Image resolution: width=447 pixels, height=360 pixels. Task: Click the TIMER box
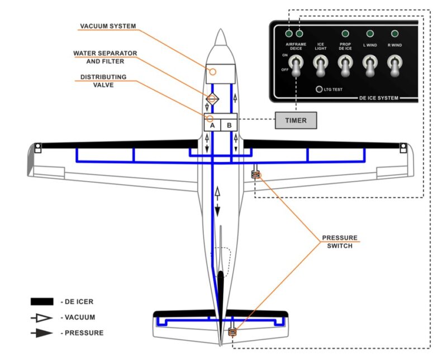click(x=296, y=120)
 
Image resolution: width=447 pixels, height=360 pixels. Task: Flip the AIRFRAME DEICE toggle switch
click(x=294, y=66)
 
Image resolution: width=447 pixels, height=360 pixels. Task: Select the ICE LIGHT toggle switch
click(x=320, y=66)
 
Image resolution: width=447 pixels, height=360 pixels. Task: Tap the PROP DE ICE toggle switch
click(x=345, y=66)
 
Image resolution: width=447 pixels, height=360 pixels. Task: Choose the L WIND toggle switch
click(x=370, y=66)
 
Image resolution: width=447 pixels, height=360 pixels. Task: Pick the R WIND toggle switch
click(x=395, y=66)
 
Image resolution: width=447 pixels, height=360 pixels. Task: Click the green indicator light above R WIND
click(x=395, y=34)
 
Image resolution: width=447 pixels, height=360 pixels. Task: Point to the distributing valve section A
click(x=212, y=125)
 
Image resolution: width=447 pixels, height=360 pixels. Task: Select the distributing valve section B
click(x=229, y=125)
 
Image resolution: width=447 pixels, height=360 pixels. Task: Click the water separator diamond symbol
click(x=212, y=99)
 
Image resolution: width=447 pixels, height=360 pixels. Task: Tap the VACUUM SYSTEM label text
click(x=108, y=26)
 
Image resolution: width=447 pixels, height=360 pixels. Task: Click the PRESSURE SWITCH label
click(x=340, y=241)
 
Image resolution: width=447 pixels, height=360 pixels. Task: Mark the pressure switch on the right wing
click(x=256, y=175)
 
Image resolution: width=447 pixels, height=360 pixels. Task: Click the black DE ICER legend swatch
click(x=42, y=301)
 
